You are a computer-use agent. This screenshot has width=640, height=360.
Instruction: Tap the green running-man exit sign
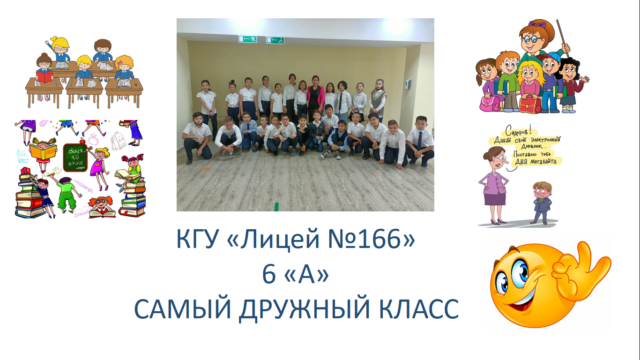247,39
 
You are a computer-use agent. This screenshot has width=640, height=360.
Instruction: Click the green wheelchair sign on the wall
275,40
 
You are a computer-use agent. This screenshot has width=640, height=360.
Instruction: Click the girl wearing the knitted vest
378,98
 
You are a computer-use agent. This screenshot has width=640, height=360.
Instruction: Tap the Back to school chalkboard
75,157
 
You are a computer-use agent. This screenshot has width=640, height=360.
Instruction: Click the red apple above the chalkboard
83,141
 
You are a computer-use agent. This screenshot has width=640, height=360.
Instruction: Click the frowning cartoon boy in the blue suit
541,202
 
